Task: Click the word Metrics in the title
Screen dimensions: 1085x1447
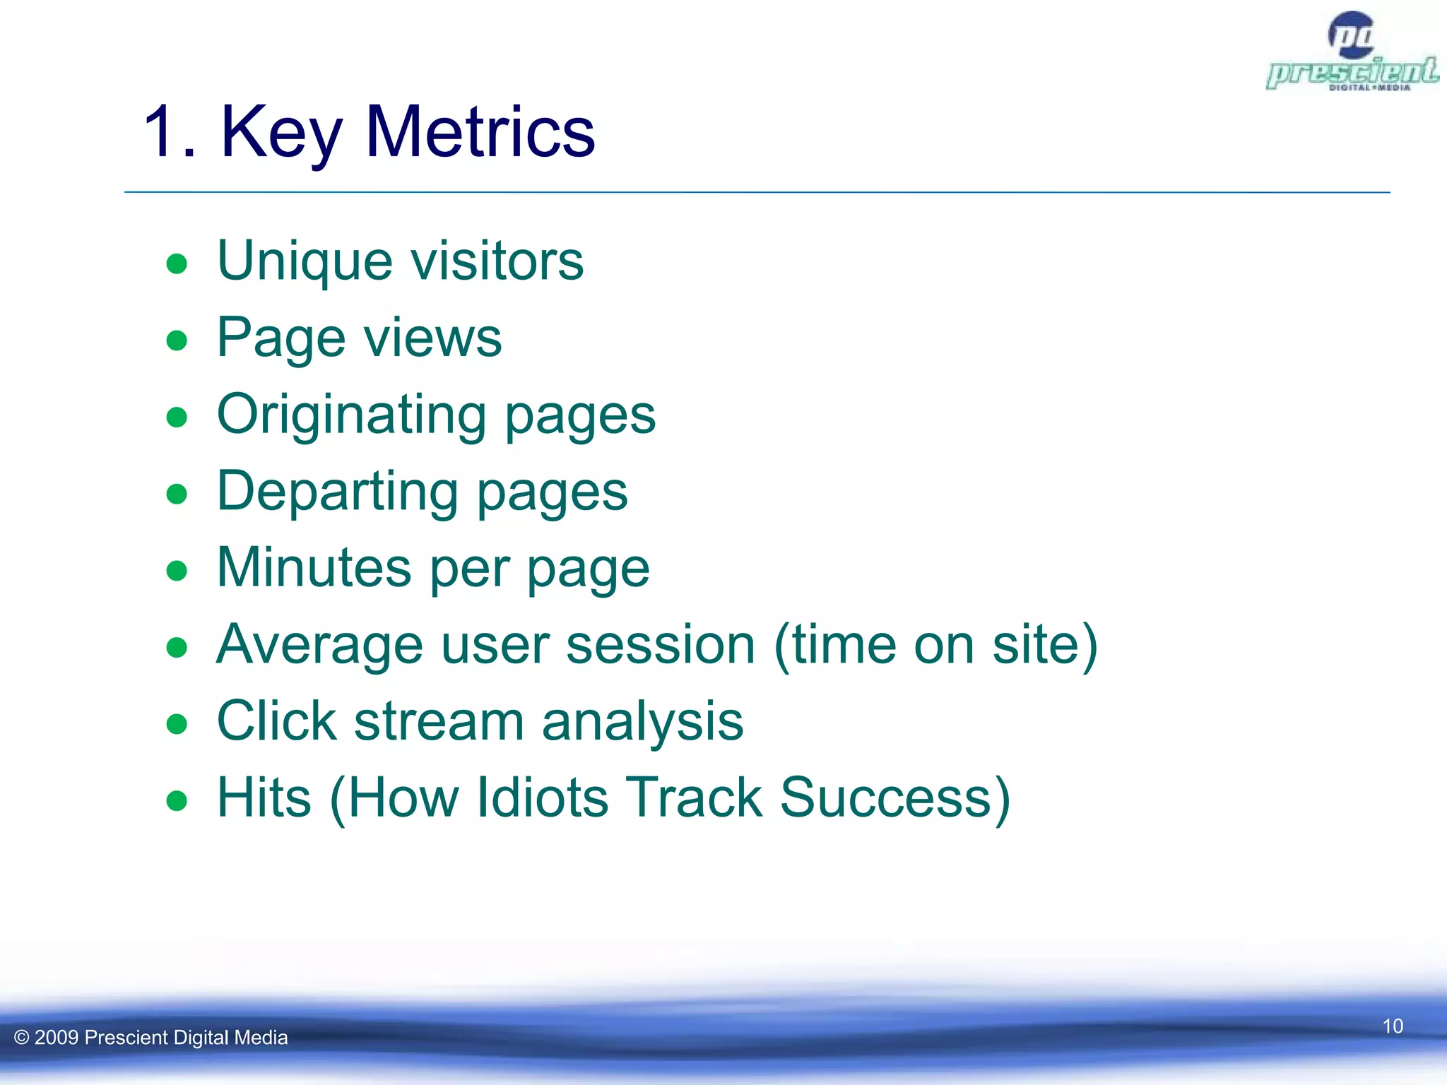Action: (480, 131)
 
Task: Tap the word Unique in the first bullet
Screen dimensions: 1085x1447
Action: (305, 261)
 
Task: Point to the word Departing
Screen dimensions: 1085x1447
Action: (338, 492)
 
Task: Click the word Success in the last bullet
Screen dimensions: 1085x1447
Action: (894, 798)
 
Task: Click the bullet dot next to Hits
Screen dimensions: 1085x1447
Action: (177, 801)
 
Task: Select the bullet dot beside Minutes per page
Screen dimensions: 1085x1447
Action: (177, 571)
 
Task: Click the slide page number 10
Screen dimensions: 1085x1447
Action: (1392, 1026)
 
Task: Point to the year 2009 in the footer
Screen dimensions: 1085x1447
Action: (56, 1038)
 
